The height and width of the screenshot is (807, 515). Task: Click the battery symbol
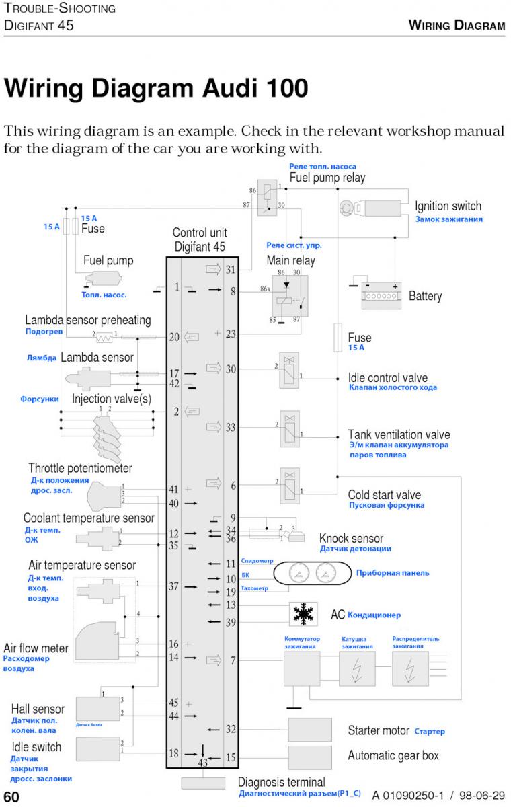(x=381, y=294)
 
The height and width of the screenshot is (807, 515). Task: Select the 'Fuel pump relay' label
(x=327, y=178)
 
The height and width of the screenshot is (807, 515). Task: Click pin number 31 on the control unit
(x=231, y=270)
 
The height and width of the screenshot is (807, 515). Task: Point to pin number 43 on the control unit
(x=203, y=763)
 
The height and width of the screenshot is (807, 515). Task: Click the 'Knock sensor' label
(x=351, y=538)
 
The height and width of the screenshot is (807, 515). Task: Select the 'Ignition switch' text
(x=448, y=206)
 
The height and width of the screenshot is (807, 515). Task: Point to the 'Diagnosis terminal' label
(x=281, y=782)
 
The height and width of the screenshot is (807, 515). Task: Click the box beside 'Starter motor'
(x=310, y=730)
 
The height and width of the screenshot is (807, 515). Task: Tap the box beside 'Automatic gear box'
(x=310, y=757)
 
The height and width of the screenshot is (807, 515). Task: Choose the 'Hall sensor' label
(x=38, y=709)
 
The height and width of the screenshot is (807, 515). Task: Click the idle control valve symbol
(x=289, y=370)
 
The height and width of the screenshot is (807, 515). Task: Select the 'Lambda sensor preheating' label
(x=88, y=320)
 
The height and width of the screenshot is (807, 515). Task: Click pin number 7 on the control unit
(x=233, y=660)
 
